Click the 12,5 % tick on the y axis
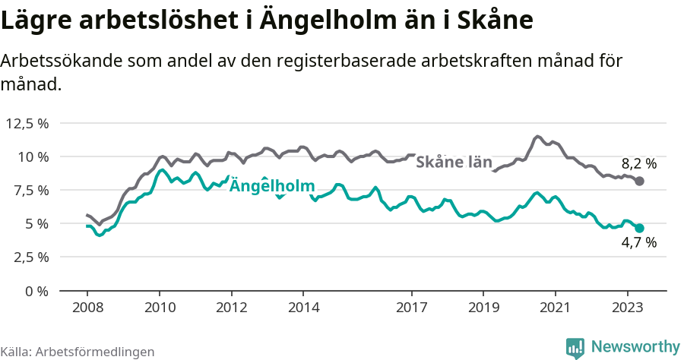[29, 123]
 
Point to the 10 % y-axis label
[34, 156]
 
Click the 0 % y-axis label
[38, 290]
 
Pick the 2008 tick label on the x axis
[87, 308]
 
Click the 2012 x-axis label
[231, 308]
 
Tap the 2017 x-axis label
[411, 308]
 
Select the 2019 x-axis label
[483, 308]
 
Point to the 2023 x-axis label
[628, 308]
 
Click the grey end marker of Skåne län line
[640, 181]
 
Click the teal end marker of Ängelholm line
[640, 228]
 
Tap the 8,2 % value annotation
[638, 163]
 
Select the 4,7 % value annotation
[638, 243]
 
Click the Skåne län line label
[454, 162]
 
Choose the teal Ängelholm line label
[272, 185]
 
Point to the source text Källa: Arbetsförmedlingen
[78, 352]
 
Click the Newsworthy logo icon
[575, 348]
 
